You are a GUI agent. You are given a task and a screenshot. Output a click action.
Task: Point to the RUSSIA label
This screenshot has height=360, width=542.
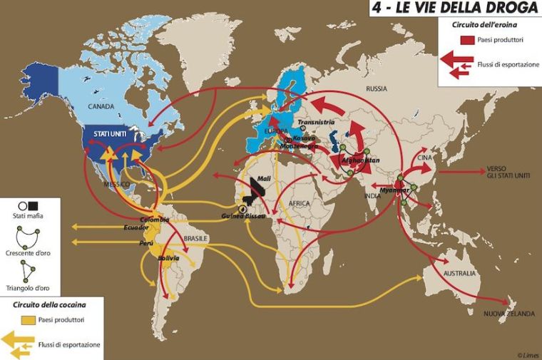click(x=376, y=89)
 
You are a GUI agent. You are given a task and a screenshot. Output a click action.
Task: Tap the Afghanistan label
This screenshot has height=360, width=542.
click(x=360, y=160)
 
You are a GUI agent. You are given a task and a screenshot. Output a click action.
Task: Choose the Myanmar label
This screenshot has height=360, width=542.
click(x=397, y=190)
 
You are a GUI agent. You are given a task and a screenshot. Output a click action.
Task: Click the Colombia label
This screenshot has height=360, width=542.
click(x=155, y=220)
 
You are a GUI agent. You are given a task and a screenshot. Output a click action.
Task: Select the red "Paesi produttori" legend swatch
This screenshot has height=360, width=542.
click(x=467, y=39)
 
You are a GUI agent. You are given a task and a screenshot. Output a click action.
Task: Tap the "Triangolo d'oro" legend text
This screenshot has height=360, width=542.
click(x=28, y=289)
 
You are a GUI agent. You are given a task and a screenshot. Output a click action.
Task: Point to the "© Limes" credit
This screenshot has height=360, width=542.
click(x=528, y=354)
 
